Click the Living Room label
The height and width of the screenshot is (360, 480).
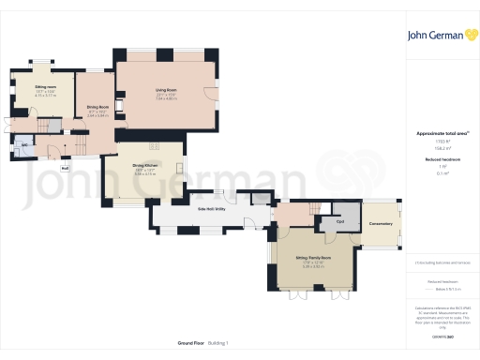click(x=166, y=90)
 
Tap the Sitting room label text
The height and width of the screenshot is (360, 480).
click(x=33, y=86)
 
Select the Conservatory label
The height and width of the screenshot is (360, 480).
click(x=381, y=221)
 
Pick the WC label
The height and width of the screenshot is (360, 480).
click(x=23, y=144)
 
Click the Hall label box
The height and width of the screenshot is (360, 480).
click(x=66, y=169)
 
